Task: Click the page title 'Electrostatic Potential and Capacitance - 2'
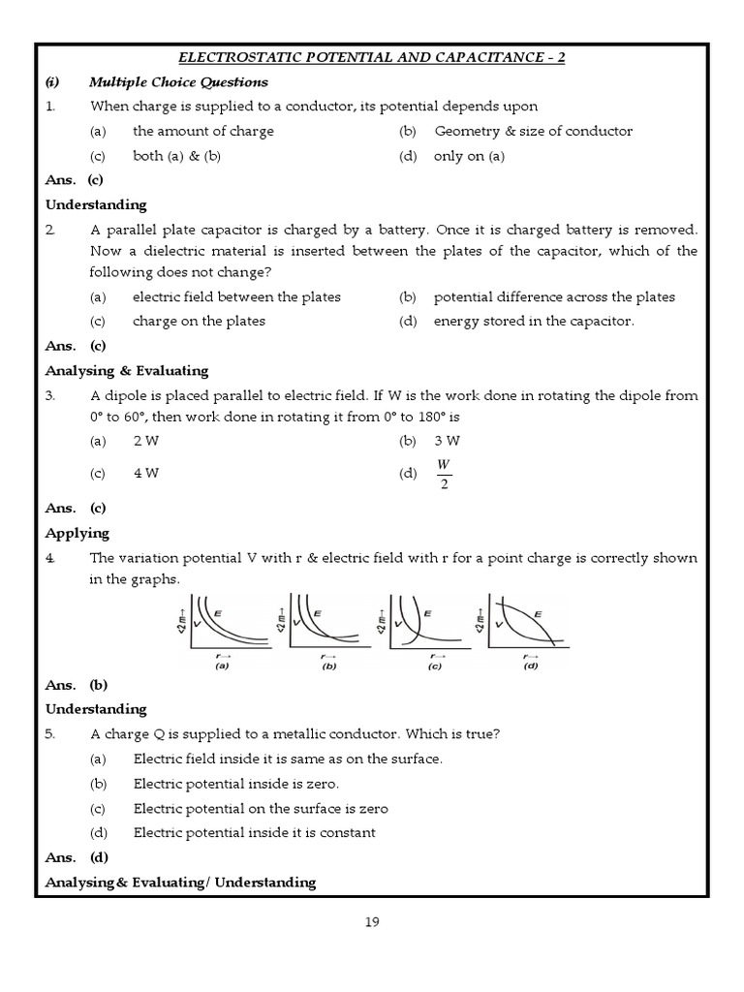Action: pos(372,57)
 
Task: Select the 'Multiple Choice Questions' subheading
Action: pos(178,82)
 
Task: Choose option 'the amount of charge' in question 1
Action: pos(202,131)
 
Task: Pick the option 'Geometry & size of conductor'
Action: pos(533,131)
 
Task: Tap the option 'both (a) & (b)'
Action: pos(176,156)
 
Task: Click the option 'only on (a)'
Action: pos(469,156)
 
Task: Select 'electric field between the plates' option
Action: pos(236,296)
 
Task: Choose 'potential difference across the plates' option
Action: pos(554,296)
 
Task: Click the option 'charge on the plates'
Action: pos(199,321)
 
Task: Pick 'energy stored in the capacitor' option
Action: pos(534,321)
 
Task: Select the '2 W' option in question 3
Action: pos(145,441)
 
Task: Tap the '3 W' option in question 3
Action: pos(447,441)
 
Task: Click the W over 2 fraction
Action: pos(444,474)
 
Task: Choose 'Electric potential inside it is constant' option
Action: pos(254,832)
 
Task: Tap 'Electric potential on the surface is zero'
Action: pos(260,808)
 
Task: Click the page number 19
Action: pos(372,922)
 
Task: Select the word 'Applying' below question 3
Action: pos(77,533)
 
